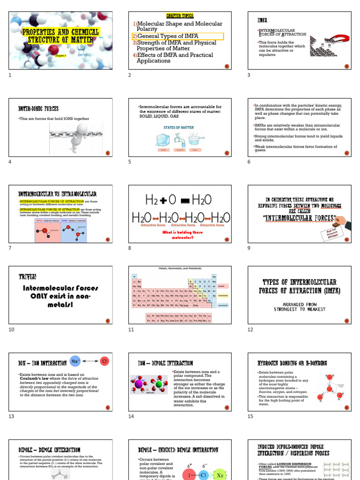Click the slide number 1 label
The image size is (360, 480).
(10, 75)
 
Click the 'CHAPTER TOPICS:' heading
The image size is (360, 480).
(180, 16)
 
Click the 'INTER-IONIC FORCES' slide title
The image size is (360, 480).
(38, 109)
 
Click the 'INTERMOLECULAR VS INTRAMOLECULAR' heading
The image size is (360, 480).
(57, 194)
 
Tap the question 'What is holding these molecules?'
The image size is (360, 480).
(180, 234)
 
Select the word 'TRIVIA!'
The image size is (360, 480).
(28, 277)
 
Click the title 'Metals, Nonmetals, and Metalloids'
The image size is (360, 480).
(180, 269)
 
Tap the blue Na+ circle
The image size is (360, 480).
(75, 361)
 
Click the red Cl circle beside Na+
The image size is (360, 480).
(105, 361)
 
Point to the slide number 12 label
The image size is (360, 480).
(250, 330)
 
